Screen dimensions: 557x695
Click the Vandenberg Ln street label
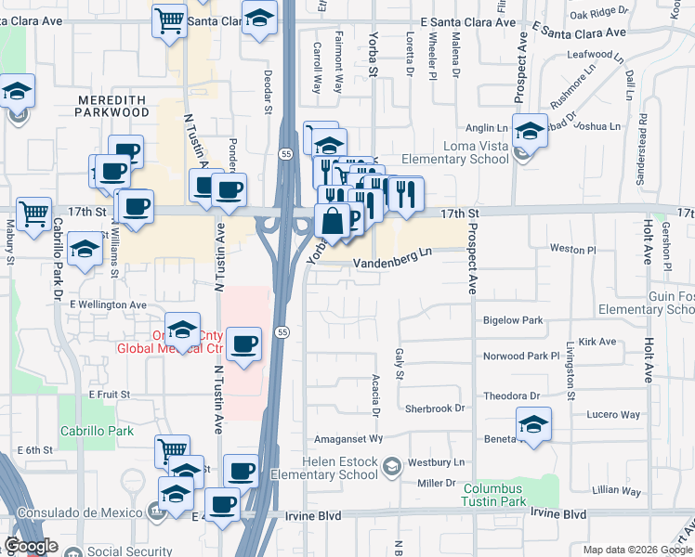click(392, 263)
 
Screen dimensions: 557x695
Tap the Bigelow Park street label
click(512, 320)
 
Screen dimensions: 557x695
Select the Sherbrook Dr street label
click(434, 408)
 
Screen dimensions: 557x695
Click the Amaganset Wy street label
click(349, 438)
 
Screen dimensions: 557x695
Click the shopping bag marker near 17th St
click(332, 221)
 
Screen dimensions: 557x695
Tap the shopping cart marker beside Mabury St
click(33, 214)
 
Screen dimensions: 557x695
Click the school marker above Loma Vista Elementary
click(530, 131)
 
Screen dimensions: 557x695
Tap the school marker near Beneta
click(533, 424)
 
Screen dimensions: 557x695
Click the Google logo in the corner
click(31, 547)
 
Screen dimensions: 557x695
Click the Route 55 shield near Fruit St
click(282, 331)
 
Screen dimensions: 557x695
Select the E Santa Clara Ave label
click(466, 21)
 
